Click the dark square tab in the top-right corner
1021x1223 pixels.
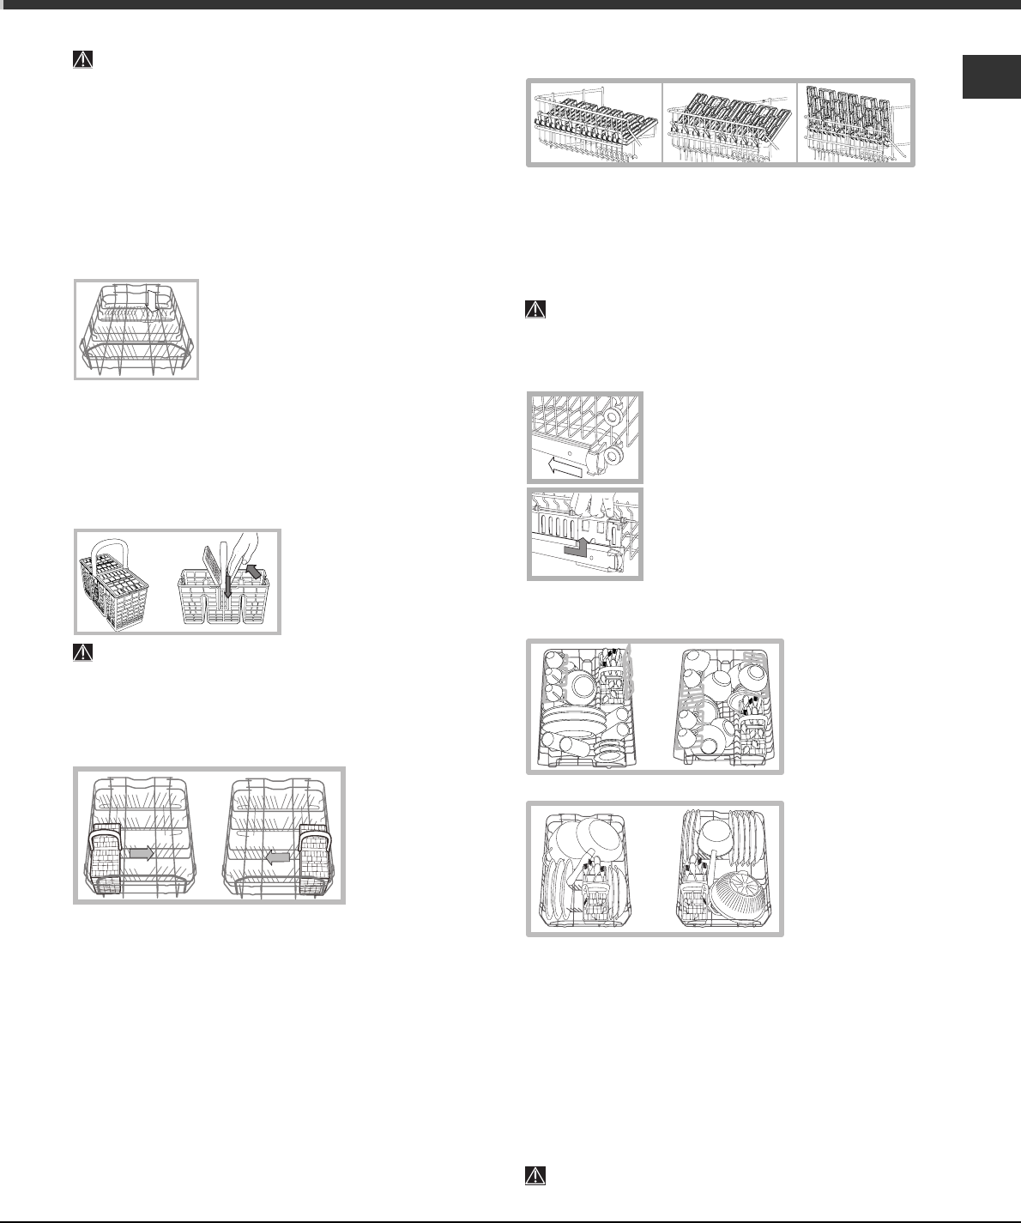point(989,77)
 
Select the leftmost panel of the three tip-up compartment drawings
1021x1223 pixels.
point(595,122)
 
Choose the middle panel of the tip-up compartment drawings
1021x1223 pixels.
point(730,122)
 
